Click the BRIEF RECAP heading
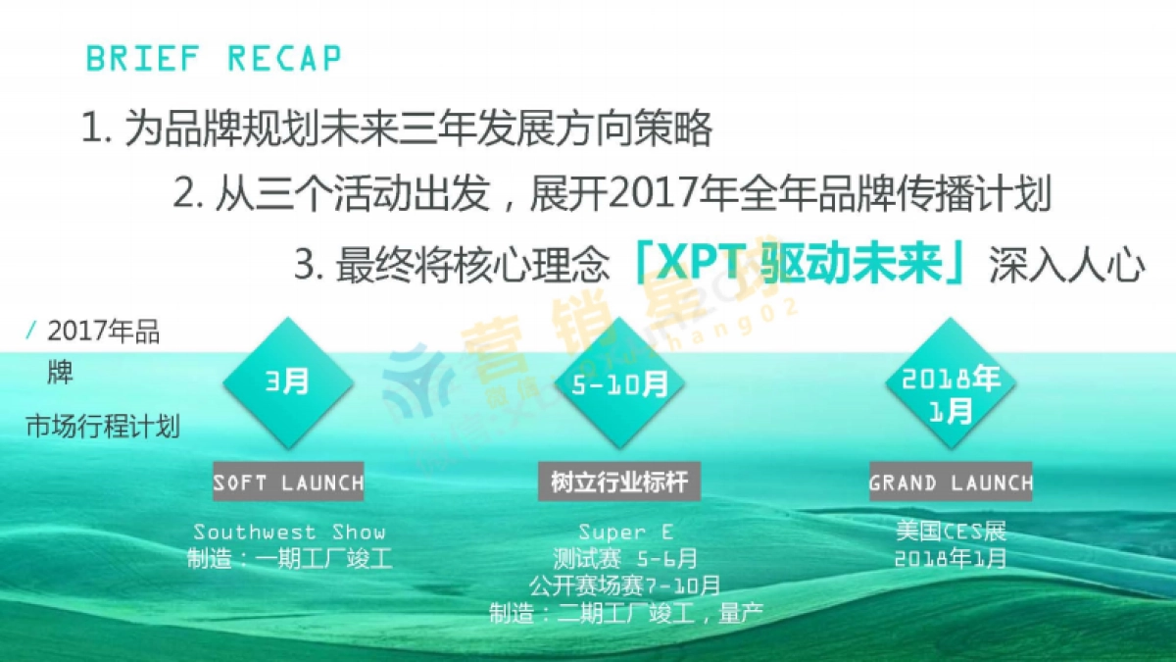[x=214, y=59]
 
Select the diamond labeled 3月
[x=287, y=381]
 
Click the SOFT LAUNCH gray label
[x=288, y=483]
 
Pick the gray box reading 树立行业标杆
[x=619, y=483]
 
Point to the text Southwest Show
[x=289, y=533]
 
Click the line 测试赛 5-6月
[x=625, y=559]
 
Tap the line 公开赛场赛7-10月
[x=625, y=586]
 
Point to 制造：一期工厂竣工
[x=289, y=560]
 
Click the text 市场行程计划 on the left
[x=103, y=428]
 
